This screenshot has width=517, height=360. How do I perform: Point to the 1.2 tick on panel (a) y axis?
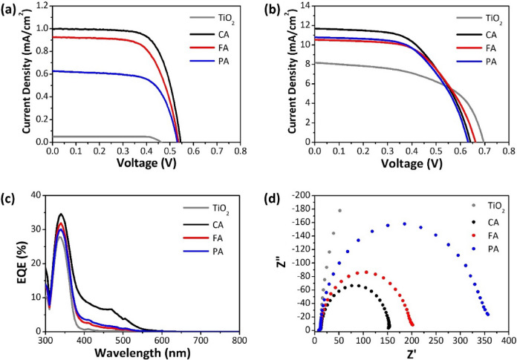[x=40, y=6]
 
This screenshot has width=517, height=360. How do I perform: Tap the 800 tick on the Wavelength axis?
[x=239, y=341]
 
